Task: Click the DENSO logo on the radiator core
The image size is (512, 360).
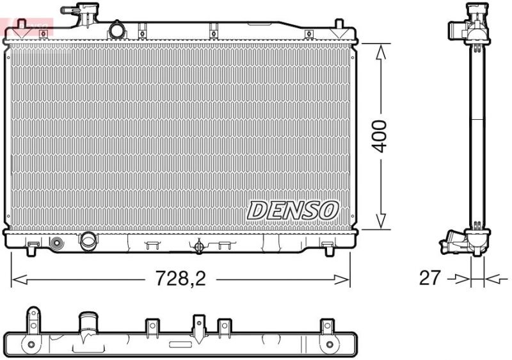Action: (x=292, y=209)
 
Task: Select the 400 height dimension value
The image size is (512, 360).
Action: (x=380, y=135)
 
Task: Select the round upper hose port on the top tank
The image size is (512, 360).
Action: (x=117, y=29)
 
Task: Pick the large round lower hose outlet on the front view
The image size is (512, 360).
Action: (x=88, y=240)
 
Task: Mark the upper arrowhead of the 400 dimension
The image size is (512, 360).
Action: (x=381, y=51)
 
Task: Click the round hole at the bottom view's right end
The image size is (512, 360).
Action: (x=330, y=345)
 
